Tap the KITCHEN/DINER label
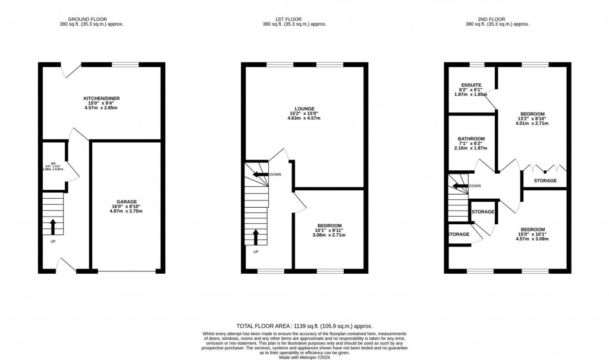102,98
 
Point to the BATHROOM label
472,139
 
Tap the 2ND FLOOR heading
497,18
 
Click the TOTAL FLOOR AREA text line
304,326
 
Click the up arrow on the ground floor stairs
53,226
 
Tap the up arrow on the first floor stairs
256,237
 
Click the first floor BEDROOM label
329,226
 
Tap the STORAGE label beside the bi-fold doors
545,180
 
